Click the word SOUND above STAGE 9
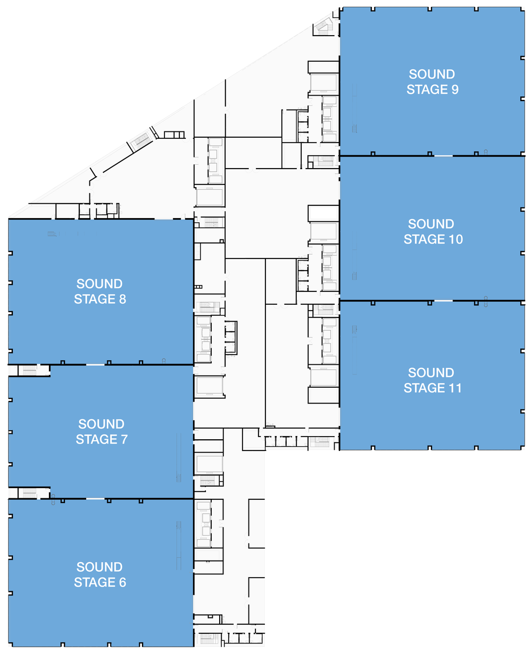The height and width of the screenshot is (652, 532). pos(431,74)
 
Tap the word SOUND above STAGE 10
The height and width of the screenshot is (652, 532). pos(431,224)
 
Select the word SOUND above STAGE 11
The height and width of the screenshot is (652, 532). pos(431,373)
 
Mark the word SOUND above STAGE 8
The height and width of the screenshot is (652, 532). pos(99,283)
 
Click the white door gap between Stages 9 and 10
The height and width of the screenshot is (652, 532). pos(443,155)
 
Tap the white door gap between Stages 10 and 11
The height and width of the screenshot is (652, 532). pos(443,301)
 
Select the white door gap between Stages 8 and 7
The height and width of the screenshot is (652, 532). pos(95,364)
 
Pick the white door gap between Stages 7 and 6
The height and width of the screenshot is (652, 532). pos(95,498)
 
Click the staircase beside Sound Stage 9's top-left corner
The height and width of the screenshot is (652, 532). pos(324,26)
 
